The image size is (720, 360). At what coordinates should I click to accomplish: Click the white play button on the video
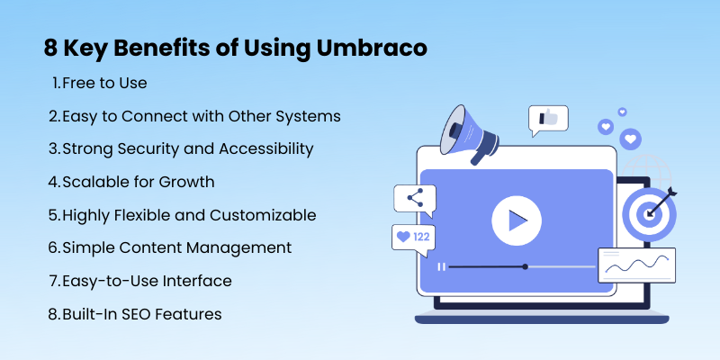[517, 220]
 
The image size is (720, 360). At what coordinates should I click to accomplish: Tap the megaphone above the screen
[467, 133]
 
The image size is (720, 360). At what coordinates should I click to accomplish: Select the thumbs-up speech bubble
[548, 120]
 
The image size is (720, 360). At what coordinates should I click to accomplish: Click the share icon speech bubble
[415, 200]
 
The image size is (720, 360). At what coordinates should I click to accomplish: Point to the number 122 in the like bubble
[421, 238]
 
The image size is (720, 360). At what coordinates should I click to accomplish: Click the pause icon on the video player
[442, 266]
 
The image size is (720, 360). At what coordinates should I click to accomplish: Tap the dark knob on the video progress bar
[526, 266]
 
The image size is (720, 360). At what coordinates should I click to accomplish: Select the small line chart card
[636, 265]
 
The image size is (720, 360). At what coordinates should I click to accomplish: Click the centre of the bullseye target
[649, 214]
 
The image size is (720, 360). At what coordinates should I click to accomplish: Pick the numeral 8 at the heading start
[50, 49]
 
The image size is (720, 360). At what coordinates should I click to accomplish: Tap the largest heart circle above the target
[631, 139]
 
